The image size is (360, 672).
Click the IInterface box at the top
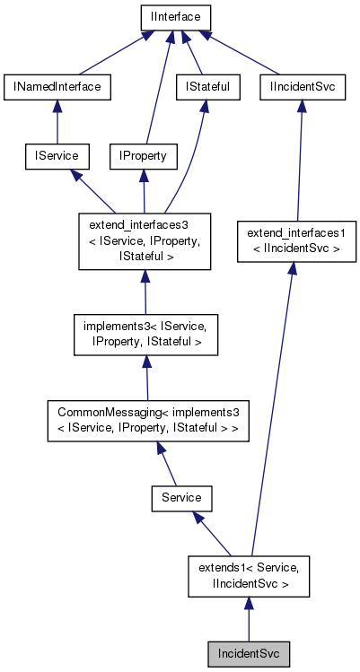point(175,17)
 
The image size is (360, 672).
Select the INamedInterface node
point(57,87)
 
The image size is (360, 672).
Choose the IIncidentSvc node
point(303,87)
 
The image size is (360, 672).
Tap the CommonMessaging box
point(148,420)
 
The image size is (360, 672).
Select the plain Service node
point(180,496)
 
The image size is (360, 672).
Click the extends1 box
point(249,575)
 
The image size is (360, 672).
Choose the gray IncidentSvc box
point(249,654)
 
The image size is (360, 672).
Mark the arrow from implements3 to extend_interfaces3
point(145,292)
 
